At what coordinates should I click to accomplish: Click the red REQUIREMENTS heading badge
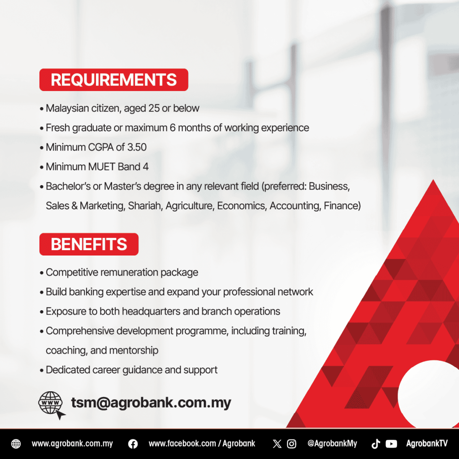[113, 80]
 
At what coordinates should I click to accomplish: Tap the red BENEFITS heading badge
[89, 244]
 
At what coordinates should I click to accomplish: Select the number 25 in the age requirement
[154, 108]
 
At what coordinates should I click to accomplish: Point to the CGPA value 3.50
[137, 147]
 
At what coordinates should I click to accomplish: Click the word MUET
[102, 167]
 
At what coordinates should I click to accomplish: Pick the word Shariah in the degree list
[145, 206]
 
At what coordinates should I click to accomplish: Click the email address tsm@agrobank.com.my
[151, 403]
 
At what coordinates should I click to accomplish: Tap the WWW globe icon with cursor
[51, 404]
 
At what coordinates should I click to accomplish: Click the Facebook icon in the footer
[133, 444]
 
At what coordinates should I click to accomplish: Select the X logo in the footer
[277, 444]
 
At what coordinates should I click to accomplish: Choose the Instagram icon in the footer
[291, 444]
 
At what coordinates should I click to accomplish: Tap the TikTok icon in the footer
[376, 444]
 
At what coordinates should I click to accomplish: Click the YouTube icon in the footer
[391, 444]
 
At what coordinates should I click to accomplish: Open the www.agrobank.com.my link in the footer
[72, 444]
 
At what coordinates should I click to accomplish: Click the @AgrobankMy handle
[332, 444]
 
